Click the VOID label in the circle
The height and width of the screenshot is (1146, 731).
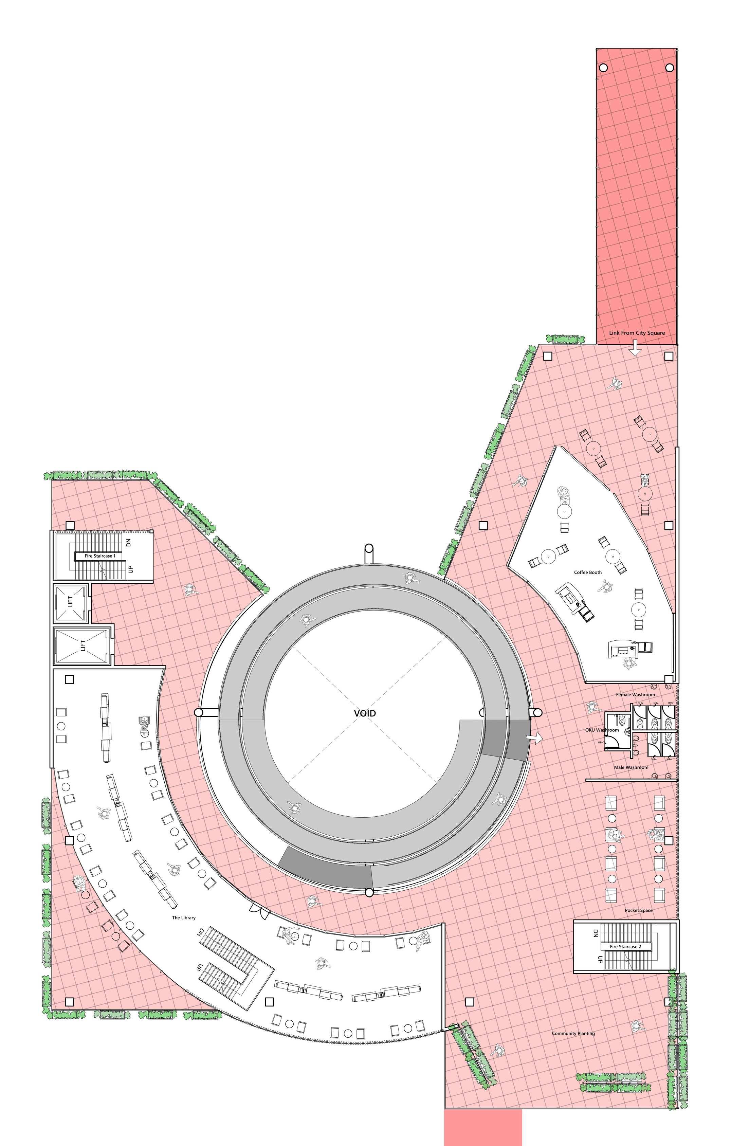click(x=365, y=713)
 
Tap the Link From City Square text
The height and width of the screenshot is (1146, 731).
click(x=636, y=333)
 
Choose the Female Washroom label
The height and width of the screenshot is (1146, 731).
click(x=635, y=694)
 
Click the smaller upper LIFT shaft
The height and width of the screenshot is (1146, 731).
click(x=70, y=602)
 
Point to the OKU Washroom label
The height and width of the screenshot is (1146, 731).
click(x=602, y=730)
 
